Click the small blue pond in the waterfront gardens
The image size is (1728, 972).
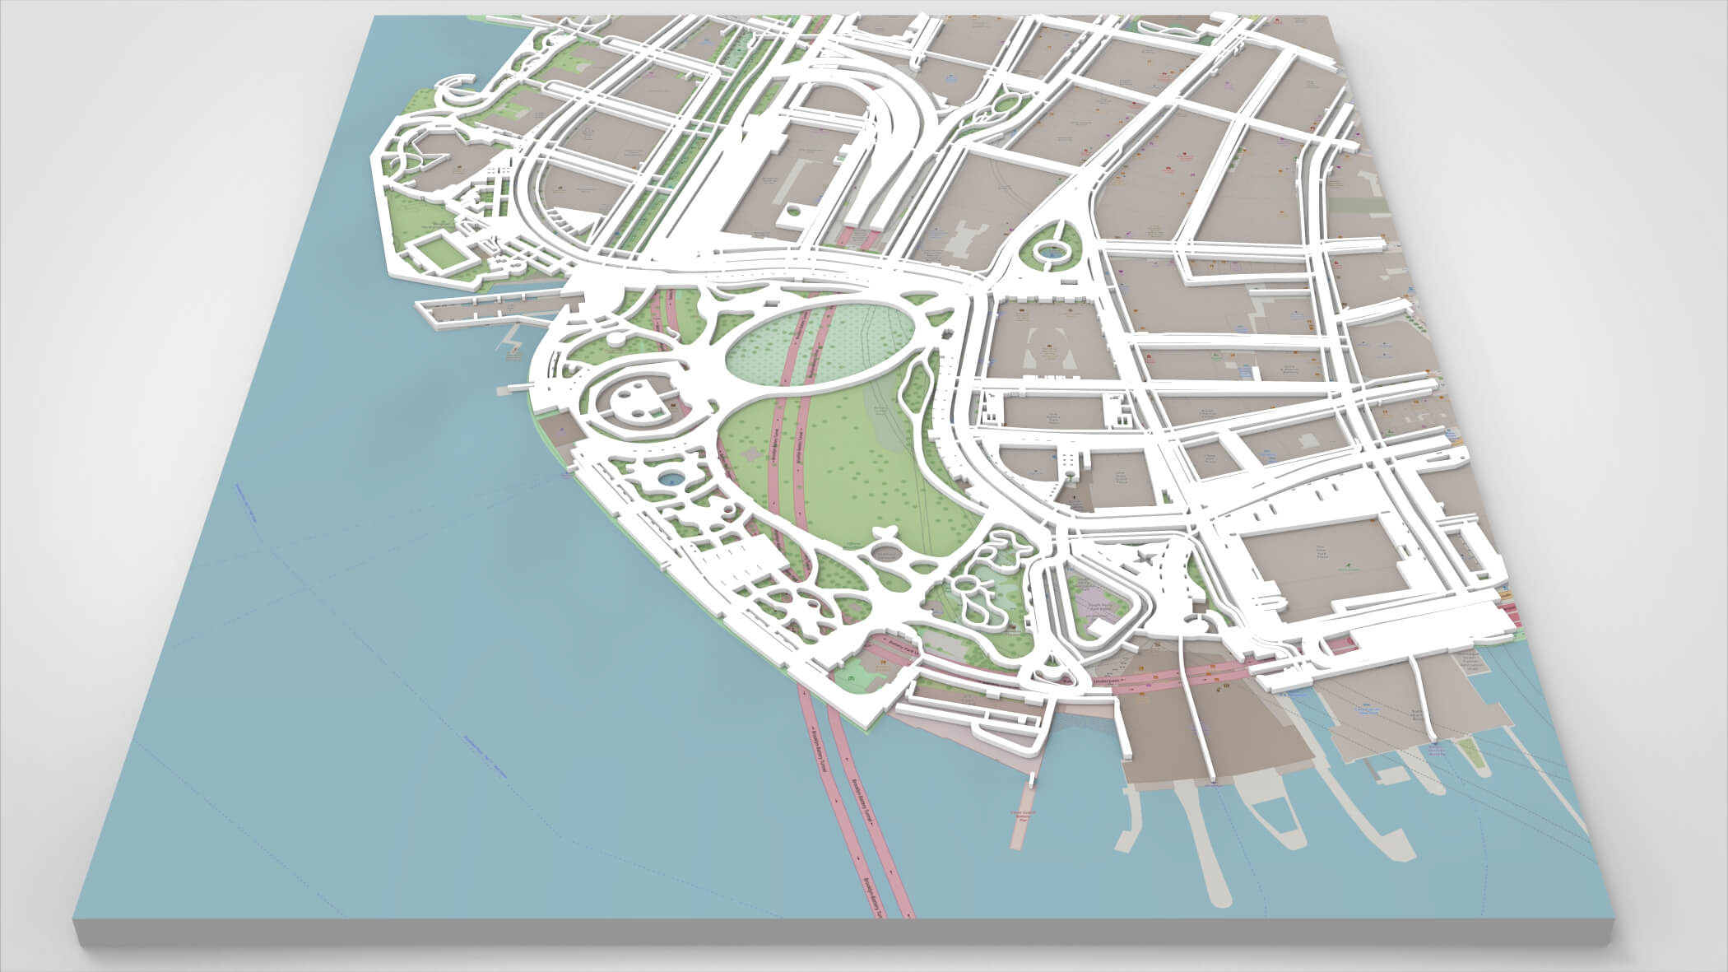671,478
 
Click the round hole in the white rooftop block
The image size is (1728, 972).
793,212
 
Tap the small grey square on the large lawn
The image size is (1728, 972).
751,453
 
